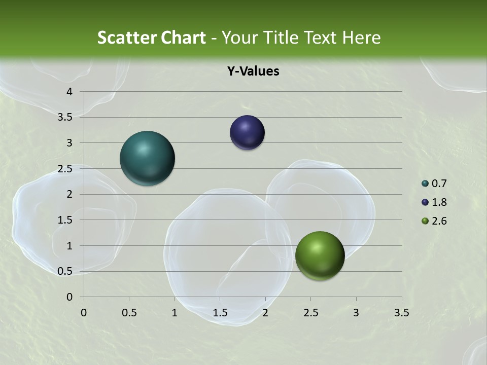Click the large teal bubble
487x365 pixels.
point(147,158)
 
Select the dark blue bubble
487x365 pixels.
point(247,133)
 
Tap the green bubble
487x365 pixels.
point(320,255)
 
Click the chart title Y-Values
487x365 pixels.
point(253,71)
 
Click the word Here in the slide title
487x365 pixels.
point(361,38)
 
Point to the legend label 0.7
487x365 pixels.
point(439,184)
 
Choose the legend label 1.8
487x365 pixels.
point(439,202)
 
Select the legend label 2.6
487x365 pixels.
point(439,221)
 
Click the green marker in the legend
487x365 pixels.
point(425,221)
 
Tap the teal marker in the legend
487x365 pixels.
point(425,184)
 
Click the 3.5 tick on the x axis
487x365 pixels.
point(401,313)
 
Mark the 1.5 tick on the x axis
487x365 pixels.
point(220,313)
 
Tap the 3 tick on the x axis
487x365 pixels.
point(356,313)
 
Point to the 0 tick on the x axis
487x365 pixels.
point(84,313)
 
